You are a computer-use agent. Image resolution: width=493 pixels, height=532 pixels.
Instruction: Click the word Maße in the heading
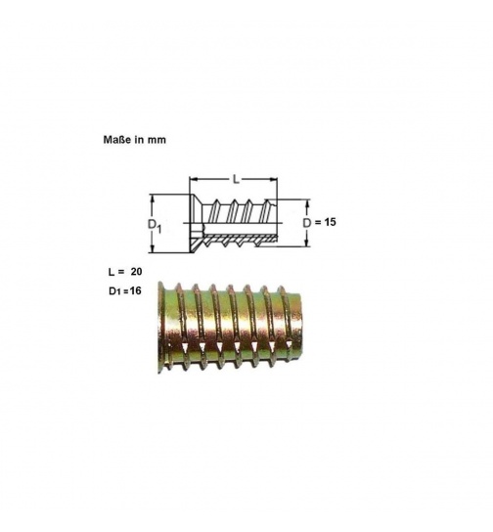(117, 140)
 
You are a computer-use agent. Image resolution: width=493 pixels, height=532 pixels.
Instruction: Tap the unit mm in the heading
(157, 140)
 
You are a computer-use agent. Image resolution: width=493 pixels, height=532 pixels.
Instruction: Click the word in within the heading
(140, 140)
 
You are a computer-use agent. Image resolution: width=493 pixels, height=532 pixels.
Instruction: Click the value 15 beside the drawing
(330, 222)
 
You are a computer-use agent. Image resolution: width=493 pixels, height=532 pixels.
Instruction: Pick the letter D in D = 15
(306, 222)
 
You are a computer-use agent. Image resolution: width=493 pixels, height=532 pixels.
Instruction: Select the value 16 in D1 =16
(135, 291)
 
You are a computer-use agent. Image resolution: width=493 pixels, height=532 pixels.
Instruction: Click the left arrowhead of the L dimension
(192, 180)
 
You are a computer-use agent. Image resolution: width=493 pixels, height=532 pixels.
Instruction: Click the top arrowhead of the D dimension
(306, 203)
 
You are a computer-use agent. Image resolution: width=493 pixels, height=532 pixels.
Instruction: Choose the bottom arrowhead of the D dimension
(306, 244)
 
